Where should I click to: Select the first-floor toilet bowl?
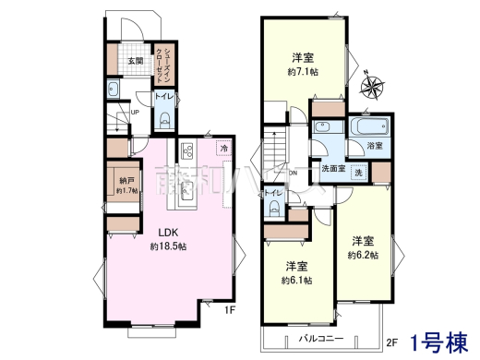coord(162,117)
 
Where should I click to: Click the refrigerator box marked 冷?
coord(223,148)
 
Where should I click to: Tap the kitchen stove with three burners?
coord(186,150)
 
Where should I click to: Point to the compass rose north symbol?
coord(374,88)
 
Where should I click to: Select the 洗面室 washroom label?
coord(333,169)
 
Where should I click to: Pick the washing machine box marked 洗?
coord(358,171)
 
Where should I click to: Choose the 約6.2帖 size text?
coord(363,255)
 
